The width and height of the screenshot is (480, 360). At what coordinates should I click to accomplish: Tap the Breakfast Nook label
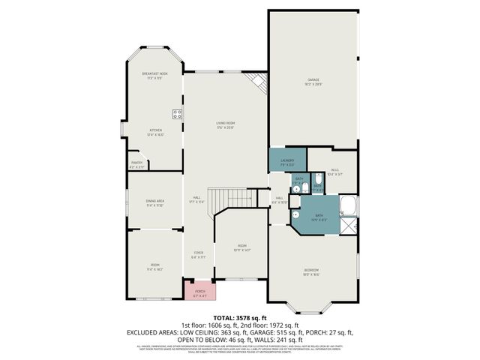click(x=154, y=74)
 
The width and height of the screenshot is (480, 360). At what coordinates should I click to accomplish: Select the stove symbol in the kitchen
click(x=178, y=115)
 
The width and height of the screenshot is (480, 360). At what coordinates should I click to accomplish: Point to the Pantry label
click(x=136, y=163)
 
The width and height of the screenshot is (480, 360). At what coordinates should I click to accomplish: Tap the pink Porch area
click(x=200, y=291)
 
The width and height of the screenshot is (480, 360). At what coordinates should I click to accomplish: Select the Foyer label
click(x=199, y=254)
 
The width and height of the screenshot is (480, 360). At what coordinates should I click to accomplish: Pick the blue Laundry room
click(x=287, y=160)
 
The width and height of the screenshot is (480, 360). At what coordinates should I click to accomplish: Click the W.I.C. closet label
click(x=334, y=172)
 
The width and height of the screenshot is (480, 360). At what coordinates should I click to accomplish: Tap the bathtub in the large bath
click(x=349, y=205)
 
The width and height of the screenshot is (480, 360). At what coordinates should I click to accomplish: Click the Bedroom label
click(x=311, y=271)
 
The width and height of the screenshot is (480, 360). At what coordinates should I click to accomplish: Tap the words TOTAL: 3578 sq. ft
click(x=240, y=318)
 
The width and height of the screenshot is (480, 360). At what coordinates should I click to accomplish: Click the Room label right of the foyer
click(x=242, y=247)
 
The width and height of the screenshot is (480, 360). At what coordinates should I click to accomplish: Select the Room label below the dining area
click(x=154, y=266)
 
